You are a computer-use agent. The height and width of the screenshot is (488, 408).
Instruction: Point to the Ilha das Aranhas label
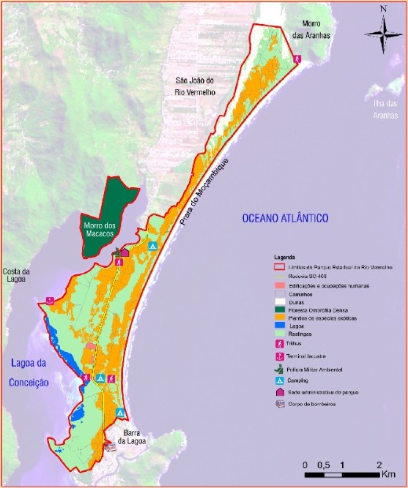[384, 108]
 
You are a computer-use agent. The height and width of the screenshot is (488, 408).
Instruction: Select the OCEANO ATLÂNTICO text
[286, 218]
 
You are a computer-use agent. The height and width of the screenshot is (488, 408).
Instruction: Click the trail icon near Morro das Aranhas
[297, 59]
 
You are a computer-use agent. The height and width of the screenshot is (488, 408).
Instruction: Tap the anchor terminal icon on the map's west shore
[50, 300]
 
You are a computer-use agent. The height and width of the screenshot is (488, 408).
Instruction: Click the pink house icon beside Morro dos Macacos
[125, 253]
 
